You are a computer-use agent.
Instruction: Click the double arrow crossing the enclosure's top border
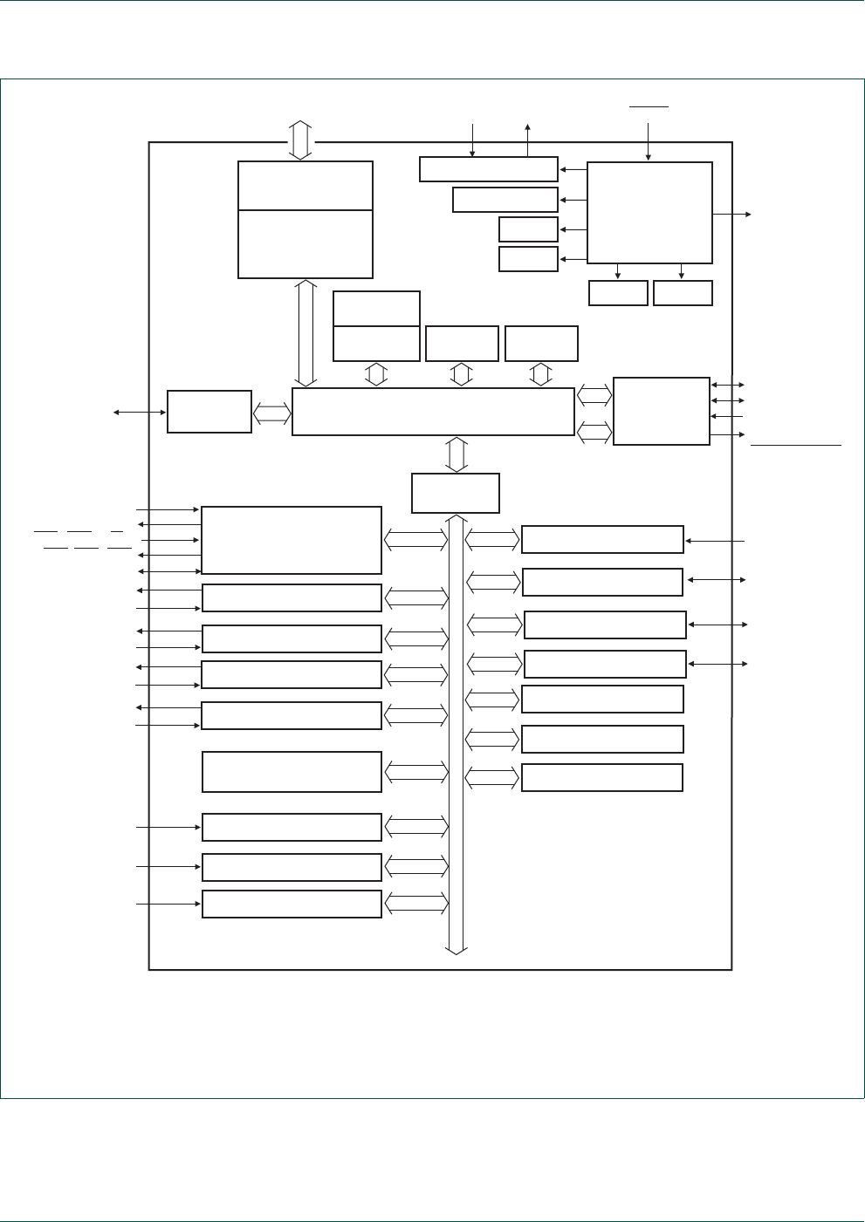tap(300, 140)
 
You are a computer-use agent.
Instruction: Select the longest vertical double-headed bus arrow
tap(456, 733)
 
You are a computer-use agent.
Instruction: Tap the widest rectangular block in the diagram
tap(433, 412)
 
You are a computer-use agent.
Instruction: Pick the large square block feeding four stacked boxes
tap(649, 213)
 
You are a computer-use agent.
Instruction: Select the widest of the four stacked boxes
tap(488, 169)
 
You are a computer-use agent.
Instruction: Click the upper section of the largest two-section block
tap(305, 186)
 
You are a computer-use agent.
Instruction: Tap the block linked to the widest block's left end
tap(209, 412)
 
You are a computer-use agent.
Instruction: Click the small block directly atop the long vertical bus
tap(456, 493)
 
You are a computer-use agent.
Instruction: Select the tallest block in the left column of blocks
tap(292, 540)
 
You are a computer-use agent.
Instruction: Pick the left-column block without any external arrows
tap(292, 772)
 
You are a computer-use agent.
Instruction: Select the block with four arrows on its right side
tap(662, 411)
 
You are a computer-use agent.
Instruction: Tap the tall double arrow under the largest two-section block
tap(305, 333)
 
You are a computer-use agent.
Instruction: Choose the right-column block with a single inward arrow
tap(602, 540)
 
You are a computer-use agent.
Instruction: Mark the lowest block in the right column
tap(602, 778)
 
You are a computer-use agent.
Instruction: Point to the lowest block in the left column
tap(292, 905)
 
